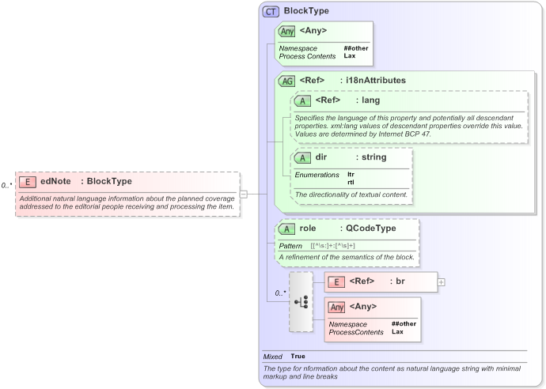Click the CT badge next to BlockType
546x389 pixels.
coord(271,11)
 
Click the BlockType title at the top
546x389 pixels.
coord(306,11)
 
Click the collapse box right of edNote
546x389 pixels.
coord(244,194)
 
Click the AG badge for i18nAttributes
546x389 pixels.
coord(286,81)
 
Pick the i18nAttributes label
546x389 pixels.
coord(373,81)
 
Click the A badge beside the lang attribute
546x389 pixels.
coord(301,100)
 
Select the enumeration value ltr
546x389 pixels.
coord(351,174)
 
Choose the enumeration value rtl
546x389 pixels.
coord(351,182)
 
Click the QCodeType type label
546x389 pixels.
coord(368,228)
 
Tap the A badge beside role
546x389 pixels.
coord(286,228)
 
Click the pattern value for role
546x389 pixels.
coord(332,246)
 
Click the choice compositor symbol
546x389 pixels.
coord(301,302)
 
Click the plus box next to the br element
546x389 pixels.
coord(441,281)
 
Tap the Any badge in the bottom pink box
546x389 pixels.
coord(337,307)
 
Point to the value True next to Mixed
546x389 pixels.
coord(298,357)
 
